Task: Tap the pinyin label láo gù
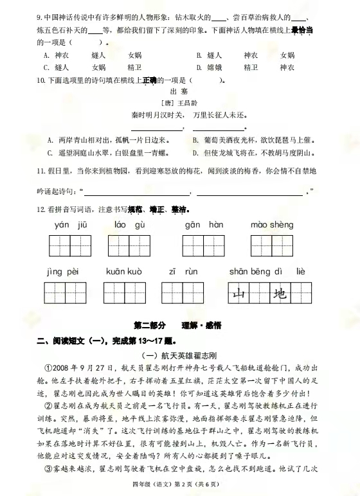130,225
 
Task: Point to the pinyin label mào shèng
271,225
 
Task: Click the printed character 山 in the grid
239,295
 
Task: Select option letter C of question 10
51,153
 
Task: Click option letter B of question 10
195,140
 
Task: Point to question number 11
40,172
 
